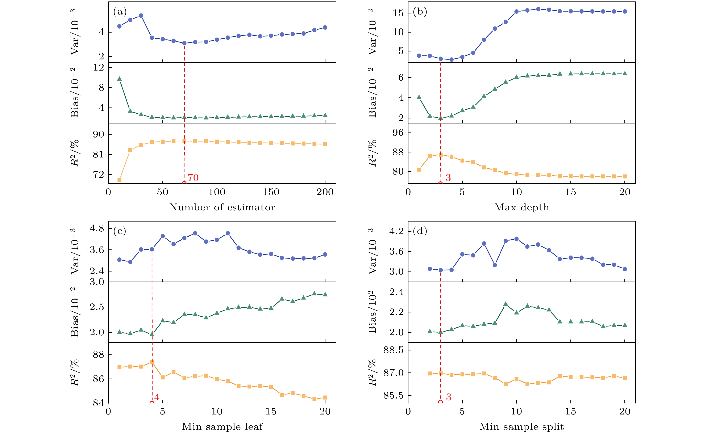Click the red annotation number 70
[193, 178]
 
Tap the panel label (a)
[120, 12]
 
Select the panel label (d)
[420, 231]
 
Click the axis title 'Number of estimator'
[222, 207]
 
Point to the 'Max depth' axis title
[521, 207]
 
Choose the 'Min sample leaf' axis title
[222, 426]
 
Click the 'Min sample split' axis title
[521, 426]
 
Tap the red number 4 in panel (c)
[157, 397]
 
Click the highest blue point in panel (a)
[141, 16]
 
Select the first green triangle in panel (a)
[120, 79]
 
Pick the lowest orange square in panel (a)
[120, 180]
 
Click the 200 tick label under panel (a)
[325, 192]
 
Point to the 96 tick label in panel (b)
[398, 133]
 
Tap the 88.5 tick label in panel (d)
[394, 350]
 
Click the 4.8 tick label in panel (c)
[97, 228]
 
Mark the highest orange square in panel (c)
[152, 362]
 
